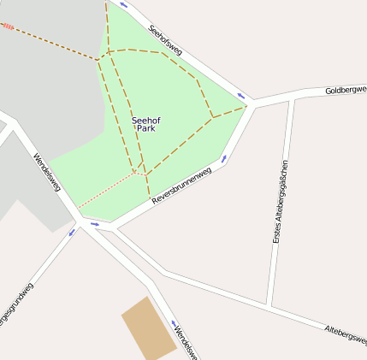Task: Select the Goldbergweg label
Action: [346, 89]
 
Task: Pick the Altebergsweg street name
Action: [346, 333]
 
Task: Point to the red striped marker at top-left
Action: [7, 27]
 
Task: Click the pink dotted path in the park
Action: [107, 190]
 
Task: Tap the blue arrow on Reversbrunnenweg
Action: [224, 158]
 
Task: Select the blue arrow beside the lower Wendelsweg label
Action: [172, 324]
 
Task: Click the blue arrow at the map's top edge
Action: [123, 5]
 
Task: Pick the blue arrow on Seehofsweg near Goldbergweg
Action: [241, 95]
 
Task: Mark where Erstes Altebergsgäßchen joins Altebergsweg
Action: [269, 306]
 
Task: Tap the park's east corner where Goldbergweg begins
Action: [249, 105]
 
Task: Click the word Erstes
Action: [276, 233]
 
